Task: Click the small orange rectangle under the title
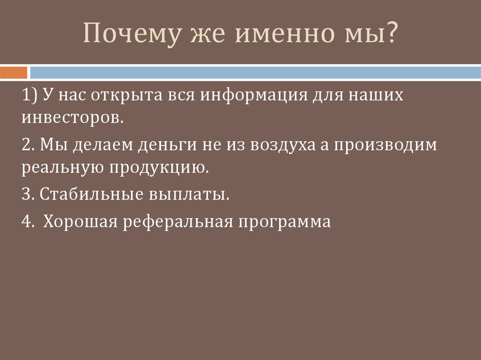[14, 73]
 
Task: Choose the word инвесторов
[73, 117]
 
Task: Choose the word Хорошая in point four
[79, 221]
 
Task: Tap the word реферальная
[178, 221]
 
